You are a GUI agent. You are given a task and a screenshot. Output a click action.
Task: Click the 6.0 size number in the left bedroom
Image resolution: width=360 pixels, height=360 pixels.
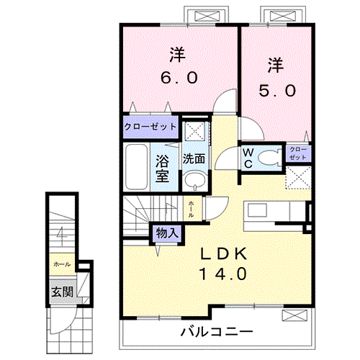tap(179, 78)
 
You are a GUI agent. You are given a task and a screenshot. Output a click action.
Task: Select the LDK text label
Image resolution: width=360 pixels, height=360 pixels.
tap(222, 253)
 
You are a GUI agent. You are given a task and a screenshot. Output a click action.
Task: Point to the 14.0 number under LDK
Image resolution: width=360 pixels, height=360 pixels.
tap(222, 274)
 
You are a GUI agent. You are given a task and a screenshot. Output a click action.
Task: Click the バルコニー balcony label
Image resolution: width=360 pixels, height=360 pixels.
tap(216, 332)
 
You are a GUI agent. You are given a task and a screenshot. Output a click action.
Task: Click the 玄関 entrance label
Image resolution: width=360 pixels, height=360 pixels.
tap(61, 292)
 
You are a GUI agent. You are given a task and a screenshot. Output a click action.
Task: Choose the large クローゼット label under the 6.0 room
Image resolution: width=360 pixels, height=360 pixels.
tap(150, 126)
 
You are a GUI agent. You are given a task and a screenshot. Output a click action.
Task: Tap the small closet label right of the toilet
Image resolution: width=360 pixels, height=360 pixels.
tap(298, 153)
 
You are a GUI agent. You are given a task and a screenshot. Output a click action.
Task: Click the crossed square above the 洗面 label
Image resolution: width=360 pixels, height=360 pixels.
tap(192, 131)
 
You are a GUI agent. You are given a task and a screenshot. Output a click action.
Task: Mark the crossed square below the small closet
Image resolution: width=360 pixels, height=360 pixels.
tap(298, 176)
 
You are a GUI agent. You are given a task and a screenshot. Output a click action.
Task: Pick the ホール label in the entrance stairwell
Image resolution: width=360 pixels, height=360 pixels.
tap(60, 264)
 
